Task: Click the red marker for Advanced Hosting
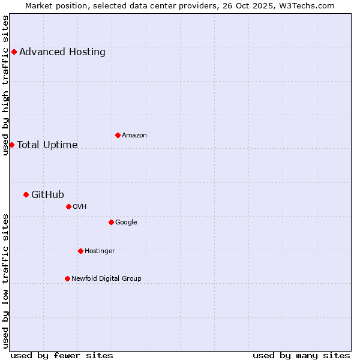click(14, 52)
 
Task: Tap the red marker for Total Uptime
click(11, 145)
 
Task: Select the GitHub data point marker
click(26, 194)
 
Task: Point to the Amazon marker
click(118, 135)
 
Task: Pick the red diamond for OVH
click(68, 206)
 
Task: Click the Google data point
click(111, 222)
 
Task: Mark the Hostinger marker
click(80, 251)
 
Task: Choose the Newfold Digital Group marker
click(67, 278)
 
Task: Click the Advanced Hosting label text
click(62, 52)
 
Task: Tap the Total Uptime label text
click(47, 145)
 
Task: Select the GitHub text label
click(47, 194)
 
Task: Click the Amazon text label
click(134, 135)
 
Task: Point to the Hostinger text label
click(100, 251)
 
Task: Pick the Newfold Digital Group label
click(106, 278)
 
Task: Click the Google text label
click(126, 222)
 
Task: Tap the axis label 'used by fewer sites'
click(62, 355)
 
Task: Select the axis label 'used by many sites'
click(301, 355)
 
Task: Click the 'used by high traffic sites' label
click(5, 85)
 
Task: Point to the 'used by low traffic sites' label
click(5, 281)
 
